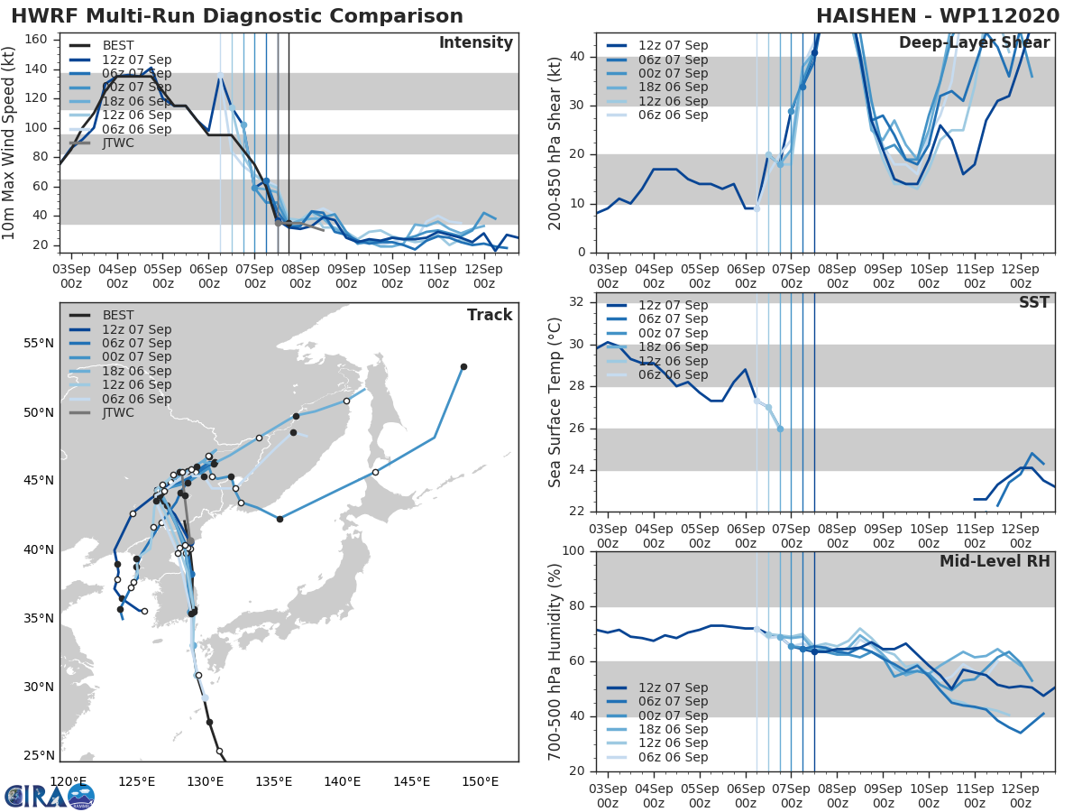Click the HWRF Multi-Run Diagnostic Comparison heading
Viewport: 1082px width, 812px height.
(x=237, y=16)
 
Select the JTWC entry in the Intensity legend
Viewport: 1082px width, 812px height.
(x=118, y=143)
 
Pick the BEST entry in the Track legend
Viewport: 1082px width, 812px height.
(x=118, y=315)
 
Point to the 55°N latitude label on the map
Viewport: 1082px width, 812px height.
(x=39, y=344)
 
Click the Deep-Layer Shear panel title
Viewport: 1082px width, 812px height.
(x=974, y=43)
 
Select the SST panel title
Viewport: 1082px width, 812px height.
(x=1033, y=302)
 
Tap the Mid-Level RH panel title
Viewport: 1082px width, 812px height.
(x=995, y=561)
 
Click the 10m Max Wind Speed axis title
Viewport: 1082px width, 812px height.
(x=10, y=143)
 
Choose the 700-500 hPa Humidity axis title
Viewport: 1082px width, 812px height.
(x=555, y=661)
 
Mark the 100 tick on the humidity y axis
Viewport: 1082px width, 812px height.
(x=574, y=551)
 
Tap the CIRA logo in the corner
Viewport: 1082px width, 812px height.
(x=49, y=796)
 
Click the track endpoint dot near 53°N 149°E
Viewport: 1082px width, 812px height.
(x=463, y=366)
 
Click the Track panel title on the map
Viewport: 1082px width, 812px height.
(x=489, y=315)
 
